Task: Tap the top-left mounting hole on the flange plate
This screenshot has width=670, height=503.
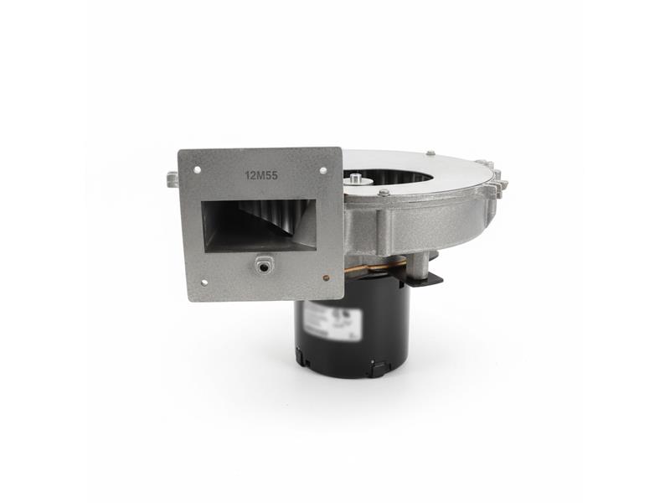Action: point(198,169)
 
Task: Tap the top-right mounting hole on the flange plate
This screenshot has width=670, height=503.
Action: point(323,170)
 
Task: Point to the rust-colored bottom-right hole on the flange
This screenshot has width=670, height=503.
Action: point(325,277)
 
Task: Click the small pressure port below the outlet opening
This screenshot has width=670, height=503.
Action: point(264,265)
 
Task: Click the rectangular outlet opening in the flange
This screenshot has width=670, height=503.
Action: point(260,225)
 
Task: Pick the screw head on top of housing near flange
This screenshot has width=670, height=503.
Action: point(383,193)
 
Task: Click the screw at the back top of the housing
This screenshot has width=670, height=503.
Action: point(430,153)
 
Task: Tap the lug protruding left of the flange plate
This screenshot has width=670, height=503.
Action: point(172,179)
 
